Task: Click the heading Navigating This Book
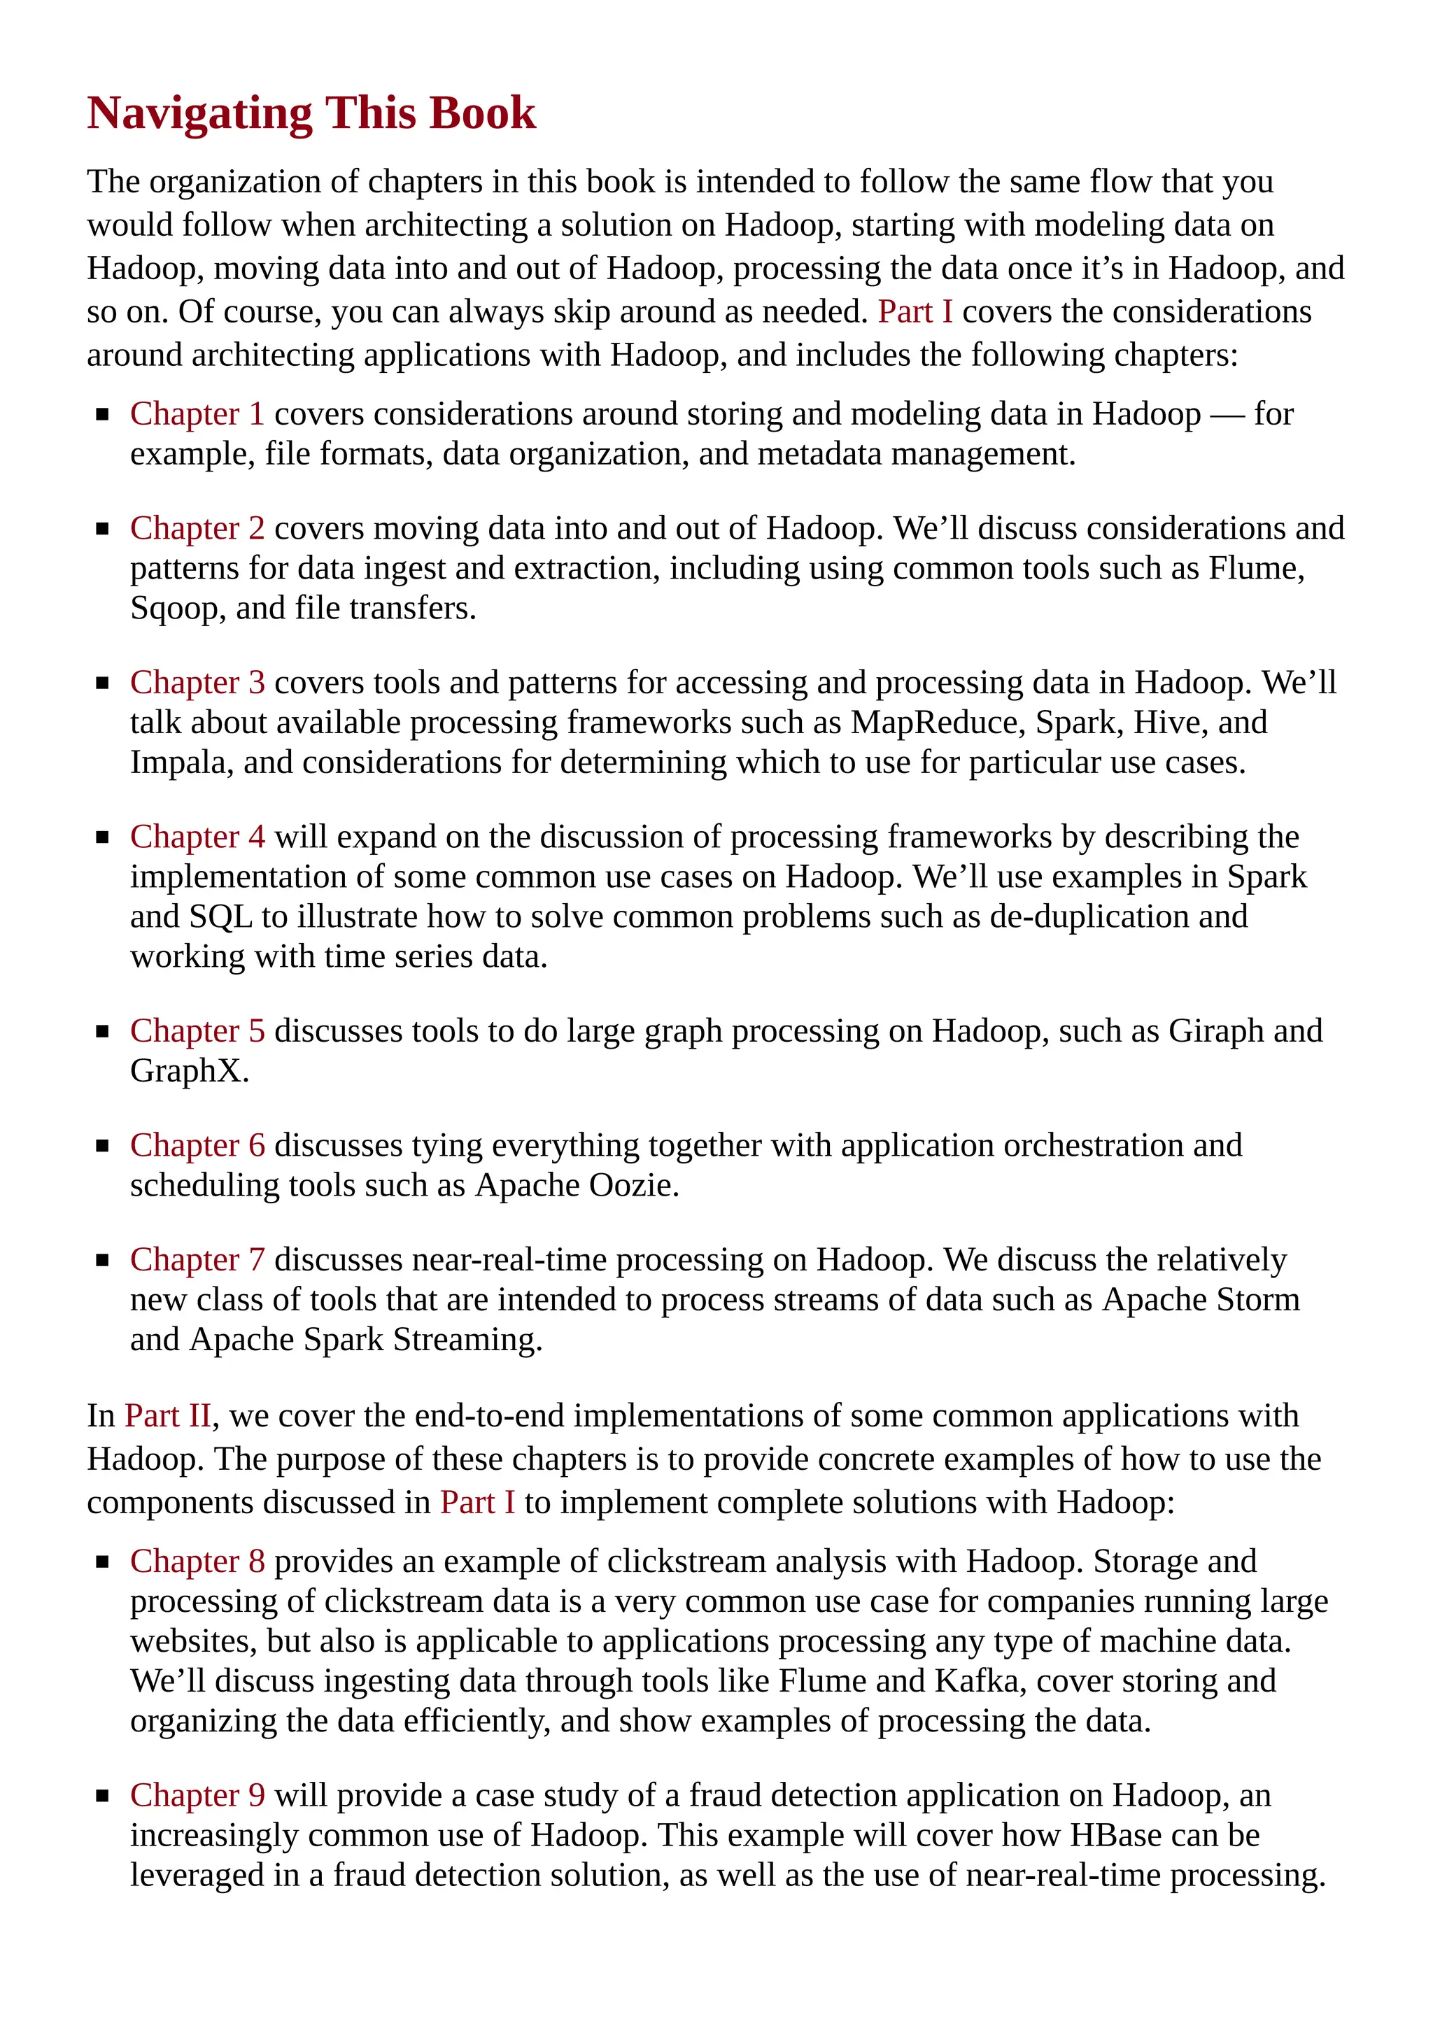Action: coord(311,113)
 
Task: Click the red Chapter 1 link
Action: coord(197,414)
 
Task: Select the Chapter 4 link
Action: coord(197,837)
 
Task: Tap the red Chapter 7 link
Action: coord(197,1260)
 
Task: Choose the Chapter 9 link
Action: coord(197,1796)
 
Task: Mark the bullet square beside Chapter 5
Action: coord(102,1031)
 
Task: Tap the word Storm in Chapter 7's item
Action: coord(1257,1300)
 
